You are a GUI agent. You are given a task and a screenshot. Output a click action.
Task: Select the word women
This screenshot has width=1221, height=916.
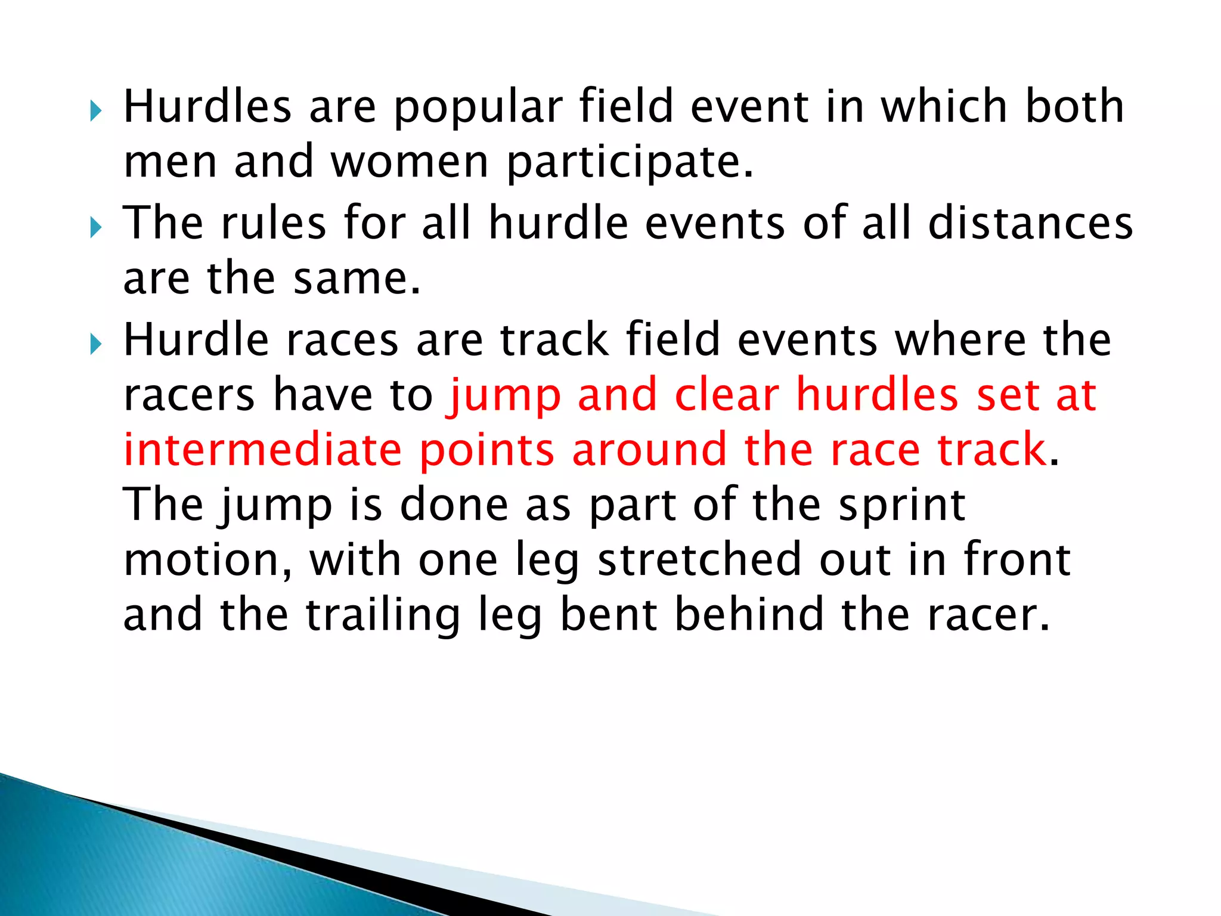(x=410, y=162)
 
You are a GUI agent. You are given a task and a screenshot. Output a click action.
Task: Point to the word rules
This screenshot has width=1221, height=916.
(x=274, y=223)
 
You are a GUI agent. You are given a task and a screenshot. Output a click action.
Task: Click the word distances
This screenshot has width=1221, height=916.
(x=1030, y=223)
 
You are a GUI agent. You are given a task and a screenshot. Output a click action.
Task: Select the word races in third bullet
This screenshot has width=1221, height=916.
(x=342, y=340)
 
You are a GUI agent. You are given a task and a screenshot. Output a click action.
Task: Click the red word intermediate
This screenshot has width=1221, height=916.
(x=262, y=450)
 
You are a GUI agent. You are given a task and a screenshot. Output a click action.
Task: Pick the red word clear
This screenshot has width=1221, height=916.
(x=726, y=395)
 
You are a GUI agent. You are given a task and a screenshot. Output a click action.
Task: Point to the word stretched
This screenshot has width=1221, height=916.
(x=699, y=560)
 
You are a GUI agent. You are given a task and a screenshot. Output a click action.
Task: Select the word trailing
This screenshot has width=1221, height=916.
(x=383, y=616)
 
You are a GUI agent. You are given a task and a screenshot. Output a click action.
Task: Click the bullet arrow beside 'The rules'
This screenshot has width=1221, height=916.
(x=95, y=227)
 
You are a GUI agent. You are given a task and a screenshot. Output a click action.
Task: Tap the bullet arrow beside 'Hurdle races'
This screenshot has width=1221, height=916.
(x=95, y=344)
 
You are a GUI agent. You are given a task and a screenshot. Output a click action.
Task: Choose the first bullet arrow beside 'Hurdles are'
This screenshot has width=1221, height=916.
(x=95, y=111)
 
